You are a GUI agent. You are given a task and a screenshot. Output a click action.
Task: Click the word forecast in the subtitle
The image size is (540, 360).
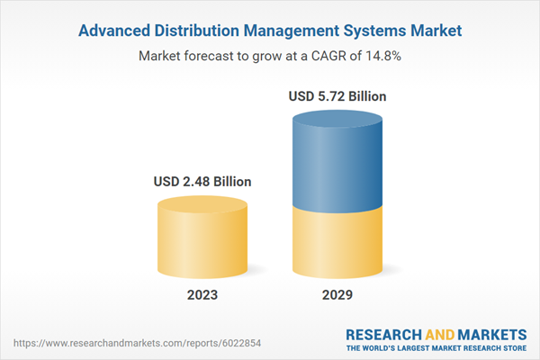pos(213,56)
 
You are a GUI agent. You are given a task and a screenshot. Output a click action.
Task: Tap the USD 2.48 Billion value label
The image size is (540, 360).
pos(202,182)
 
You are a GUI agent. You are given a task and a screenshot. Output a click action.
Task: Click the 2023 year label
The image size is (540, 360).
pos(202,295)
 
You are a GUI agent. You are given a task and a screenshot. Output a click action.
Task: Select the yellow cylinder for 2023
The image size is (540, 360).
pos(202,241)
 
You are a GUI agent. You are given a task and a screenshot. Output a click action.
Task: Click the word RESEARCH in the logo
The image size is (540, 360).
pos(386,333)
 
